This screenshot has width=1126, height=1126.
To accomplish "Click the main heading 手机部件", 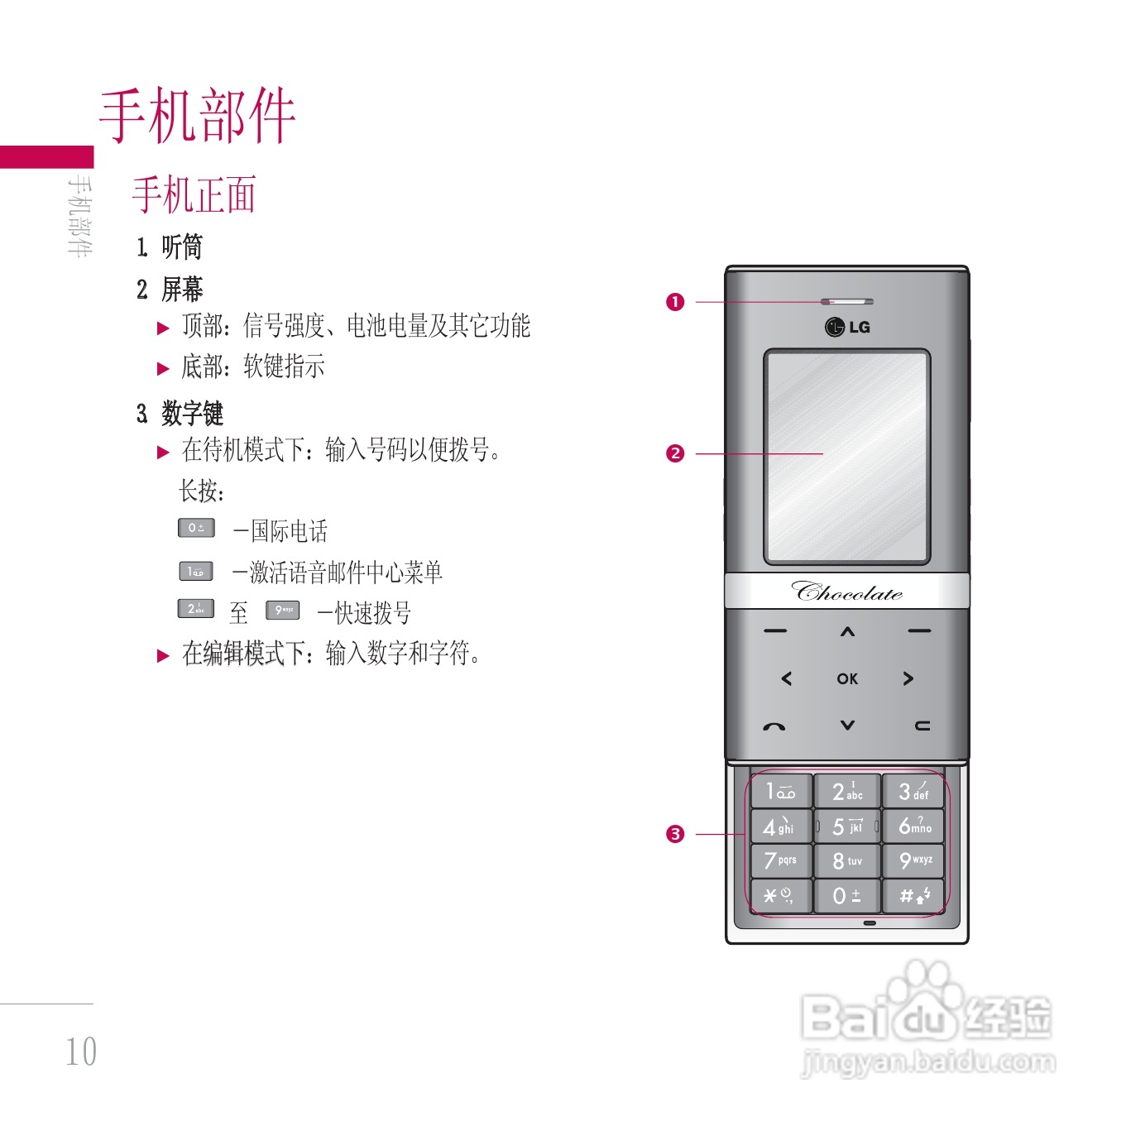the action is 197,116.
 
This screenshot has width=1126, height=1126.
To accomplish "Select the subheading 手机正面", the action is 194,195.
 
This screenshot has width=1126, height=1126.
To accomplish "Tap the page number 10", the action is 81,1052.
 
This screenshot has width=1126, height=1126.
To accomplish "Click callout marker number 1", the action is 675,302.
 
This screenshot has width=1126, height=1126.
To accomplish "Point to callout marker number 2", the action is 675,453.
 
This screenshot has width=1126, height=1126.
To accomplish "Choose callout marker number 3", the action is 675,834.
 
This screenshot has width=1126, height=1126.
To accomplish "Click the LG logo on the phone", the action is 847,327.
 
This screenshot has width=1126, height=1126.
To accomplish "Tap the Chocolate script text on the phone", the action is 847,592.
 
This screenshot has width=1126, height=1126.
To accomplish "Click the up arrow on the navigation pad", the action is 847,632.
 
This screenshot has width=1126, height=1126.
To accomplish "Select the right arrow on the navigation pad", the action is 908,678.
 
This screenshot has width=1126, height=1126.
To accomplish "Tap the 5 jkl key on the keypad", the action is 847,827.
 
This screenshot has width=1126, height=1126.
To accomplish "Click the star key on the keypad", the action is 779,895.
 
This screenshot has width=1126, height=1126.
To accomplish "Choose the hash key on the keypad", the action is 914,895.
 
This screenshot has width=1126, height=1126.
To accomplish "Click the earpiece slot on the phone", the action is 847,301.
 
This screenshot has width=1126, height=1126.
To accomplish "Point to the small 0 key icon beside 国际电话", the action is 196,528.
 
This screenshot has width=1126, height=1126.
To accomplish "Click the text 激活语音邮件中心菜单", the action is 346,572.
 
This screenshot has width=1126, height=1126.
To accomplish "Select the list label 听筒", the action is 182,247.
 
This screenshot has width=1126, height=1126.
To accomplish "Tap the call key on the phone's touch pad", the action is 774,726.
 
